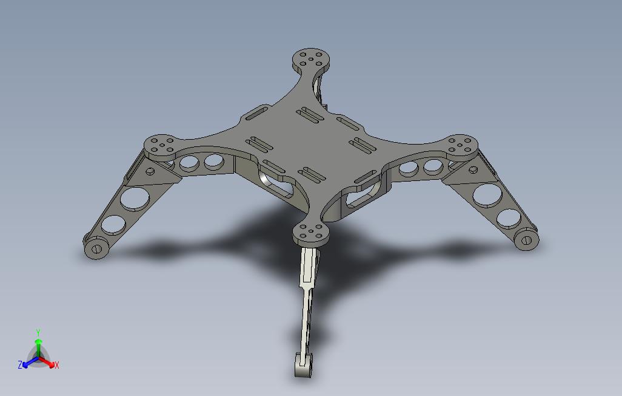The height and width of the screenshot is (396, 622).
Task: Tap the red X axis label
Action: (57, 365)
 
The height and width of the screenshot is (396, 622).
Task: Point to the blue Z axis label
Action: (20, 364)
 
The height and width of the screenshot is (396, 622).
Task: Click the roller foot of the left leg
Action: (96, 247)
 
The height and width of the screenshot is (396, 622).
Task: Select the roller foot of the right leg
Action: (526, 239)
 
